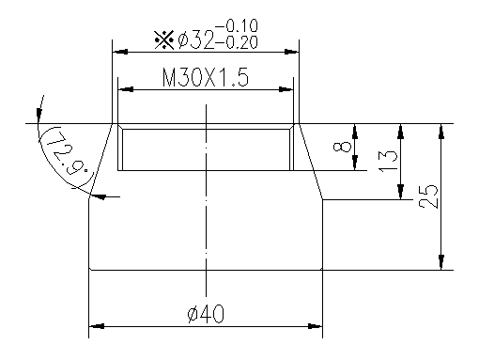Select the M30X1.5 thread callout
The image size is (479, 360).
click(205, 78)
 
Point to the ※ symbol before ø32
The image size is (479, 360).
click(162, 39)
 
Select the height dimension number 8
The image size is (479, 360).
click(344, 147)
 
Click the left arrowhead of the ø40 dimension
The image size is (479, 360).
click(94, 328)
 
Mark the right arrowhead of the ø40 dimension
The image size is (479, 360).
click(317, 328)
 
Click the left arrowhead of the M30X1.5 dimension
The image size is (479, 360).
click(123, 90)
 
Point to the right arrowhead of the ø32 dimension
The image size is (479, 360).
click(294, 53)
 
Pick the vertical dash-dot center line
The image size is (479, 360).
click(206, 207)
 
